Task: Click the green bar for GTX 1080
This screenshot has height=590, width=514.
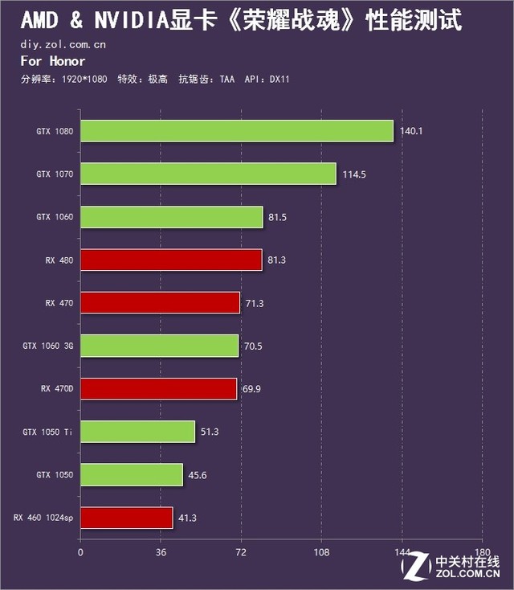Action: [237, 131]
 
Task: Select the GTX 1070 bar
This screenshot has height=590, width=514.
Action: [208, 174]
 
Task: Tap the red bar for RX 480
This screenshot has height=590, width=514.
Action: [171, 260]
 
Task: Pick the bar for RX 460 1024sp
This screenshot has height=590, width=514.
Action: [126, 518]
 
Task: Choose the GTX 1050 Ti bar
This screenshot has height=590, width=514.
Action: [137, 432]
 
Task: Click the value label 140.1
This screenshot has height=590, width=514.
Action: [411, 131]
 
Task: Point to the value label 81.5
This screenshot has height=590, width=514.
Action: [280, 217]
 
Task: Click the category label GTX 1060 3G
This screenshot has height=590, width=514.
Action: [47, 346]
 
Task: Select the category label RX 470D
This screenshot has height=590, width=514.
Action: [57, 389]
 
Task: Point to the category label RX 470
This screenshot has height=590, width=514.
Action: [59, 303]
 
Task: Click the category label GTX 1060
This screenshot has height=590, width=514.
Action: [55, 217]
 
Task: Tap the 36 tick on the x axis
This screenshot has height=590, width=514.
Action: [161, 552]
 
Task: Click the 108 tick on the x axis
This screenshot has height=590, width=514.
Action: [321, 552]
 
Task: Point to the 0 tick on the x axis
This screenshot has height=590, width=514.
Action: [80, 552]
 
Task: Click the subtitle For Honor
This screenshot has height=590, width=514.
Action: [53, 61]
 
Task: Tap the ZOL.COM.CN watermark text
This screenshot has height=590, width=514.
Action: [467, 574]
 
